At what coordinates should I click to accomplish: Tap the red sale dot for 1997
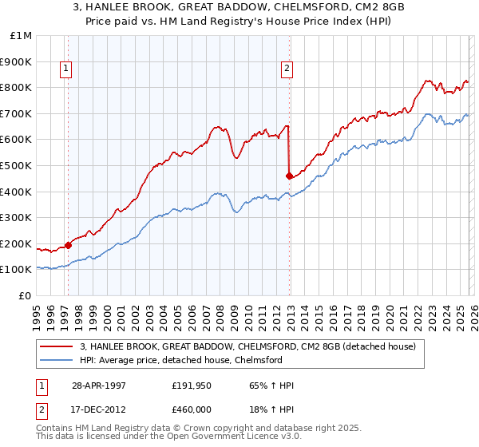click(69, 246)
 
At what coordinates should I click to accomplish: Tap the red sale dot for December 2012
click(289, 176)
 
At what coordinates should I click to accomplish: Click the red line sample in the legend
click(57, 347)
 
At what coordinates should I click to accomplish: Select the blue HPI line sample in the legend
click(57, 360)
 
